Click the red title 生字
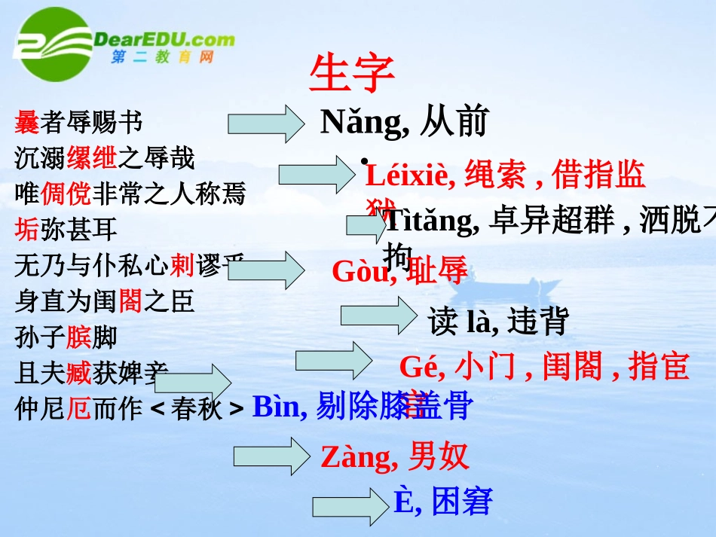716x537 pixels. pos(352,74)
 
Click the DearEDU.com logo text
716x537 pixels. pos(165,40)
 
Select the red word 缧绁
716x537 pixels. pos(92,158)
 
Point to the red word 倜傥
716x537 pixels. pos(66,194)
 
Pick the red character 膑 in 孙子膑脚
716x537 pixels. pos(78,337)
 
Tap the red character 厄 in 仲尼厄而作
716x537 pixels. pos(78,408)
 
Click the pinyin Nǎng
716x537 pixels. pos(363,121)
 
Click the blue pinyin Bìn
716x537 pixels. pos(278,407)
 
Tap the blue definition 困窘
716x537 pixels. pos(462,502)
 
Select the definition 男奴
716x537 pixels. pos(439,456)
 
